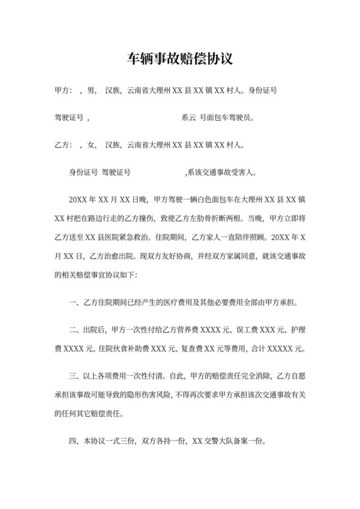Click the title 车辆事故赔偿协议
point(179,59)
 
